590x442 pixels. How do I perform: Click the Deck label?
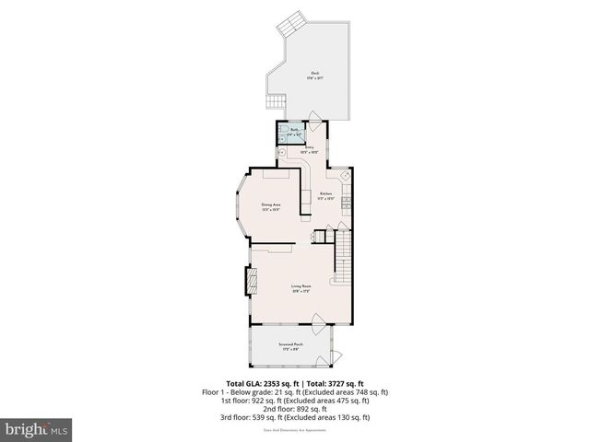315,76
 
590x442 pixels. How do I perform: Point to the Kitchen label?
325,194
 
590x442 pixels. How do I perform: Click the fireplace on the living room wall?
248,281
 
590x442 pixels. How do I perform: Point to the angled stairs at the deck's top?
292,21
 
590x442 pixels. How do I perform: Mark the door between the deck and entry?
314,118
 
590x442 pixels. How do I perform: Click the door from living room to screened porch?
317,322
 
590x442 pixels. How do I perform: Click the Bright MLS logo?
36,429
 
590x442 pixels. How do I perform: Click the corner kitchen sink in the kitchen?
343,174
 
